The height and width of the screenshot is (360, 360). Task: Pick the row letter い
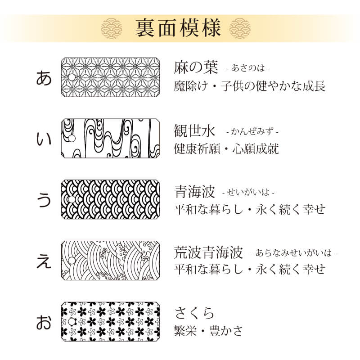click(x=44, y=139)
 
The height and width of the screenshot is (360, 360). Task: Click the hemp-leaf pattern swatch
click(x=110, y=77)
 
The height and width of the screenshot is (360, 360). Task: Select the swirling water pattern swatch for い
click(x=110, y=139)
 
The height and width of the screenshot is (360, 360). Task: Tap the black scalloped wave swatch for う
click(x=110, y=200)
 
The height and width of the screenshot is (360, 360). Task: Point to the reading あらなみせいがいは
click(x=293, y=253)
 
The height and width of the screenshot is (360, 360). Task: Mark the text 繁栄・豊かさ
click(x=208, y=331)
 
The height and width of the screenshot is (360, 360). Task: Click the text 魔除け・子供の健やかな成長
click(x=250, y=86)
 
